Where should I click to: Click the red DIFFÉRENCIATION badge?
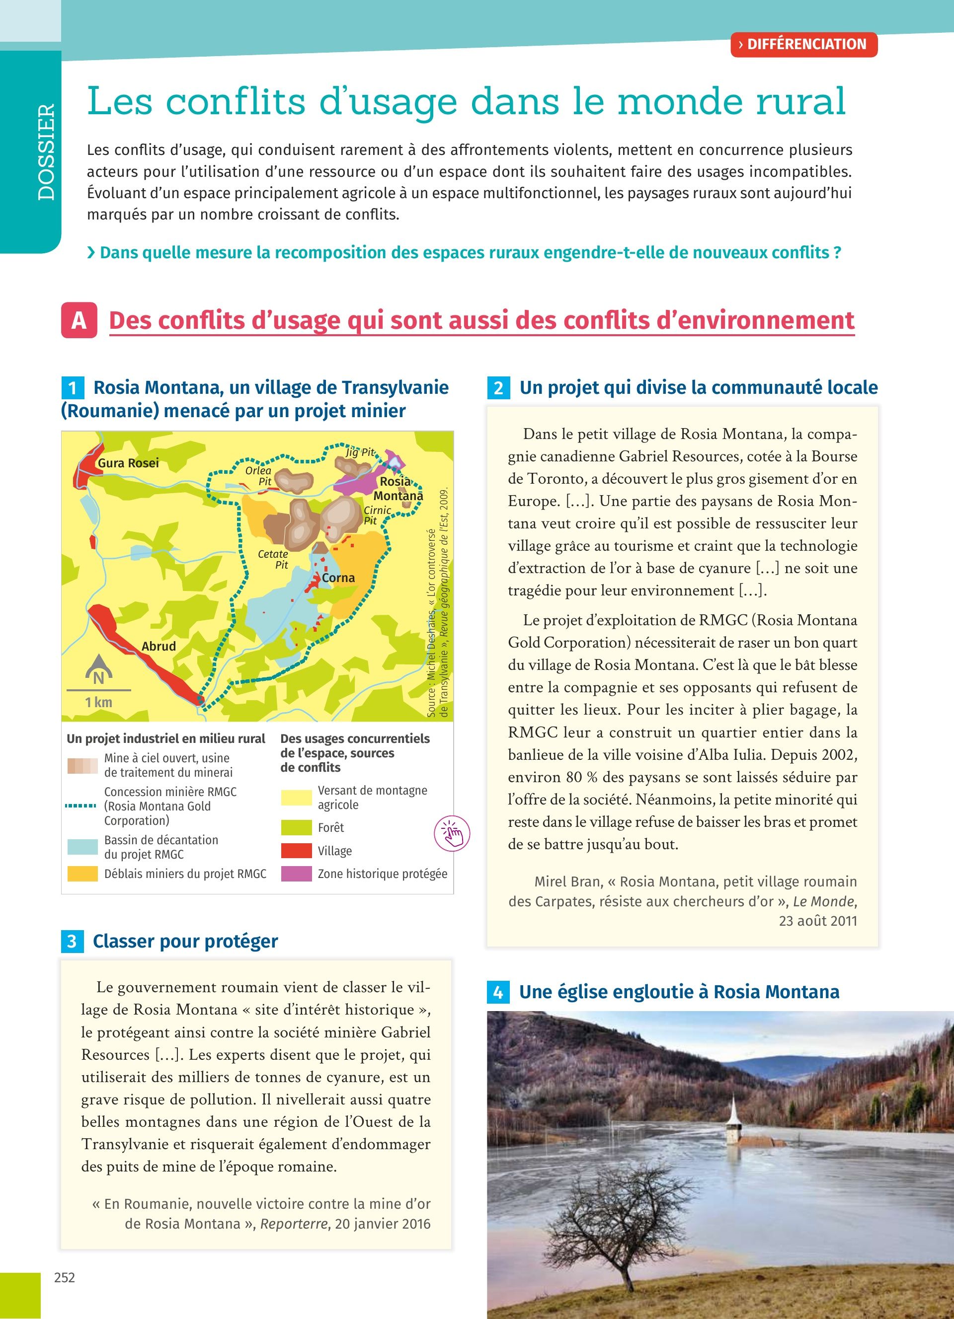(x=803, y=44)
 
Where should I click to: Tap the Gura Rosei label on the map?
(x=128, y=463)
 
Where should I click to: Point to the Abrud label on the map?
(x=158, y=646)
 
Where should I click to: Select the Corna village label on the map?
(x=338, y=578)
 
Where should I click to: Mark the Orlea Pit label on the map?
(x=258, y=476)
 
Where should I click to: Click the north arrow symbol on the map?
(x=98, y=671)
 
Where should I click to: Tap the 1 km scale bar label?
(x=98, y=703)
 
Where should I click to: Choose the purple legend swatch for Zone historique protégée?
(x=296, y=874)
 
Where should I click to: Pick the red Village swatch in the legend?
(x=296, y=851)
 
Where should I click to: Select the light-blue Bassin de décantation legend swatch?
(x=82, y=847)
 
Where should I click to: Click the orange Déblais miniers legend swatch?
(x=82, y=874)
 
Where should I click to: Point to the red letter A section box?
(x=79, y=320)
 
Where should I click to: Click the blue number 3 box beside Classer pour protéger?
(x=72, y=941)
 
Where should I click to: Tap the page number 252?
(x=65, y=1278)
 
